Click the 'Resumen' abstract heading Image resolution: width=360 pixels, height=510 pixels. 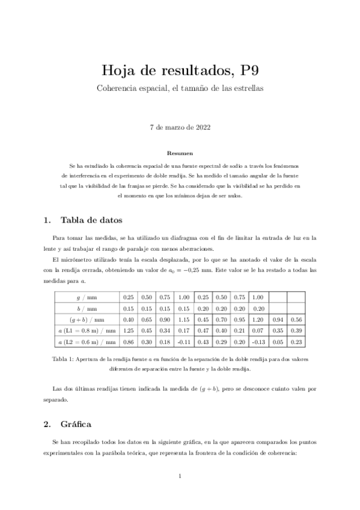pos(180,154)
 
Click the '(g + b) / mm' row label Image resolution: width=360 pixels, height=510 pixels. pos(87,319)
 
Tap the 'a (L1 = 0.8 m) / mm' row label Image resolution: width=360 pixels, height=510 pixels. pos(87,331)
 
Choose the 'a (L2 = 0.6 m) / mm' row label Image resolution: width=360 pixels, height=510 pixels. pos(87,342)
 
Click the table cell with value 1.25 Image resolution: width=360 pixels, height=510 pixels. pos(128,331)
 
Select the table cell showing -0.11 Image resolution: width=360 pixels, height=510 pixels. pos(184,342)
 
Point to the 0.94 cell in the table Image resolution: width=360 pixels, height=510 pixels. pos(277,319)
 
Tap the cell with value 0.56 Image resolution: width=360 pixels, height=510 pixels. pos(296,319)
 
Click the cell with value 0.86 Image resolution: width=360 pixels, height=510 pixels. pos(128,342)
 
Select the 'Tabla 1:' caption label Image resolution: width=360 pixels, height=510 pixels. pos(64,360)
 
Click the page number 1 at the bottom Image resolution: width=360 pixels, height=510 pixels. pos(180,477)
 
